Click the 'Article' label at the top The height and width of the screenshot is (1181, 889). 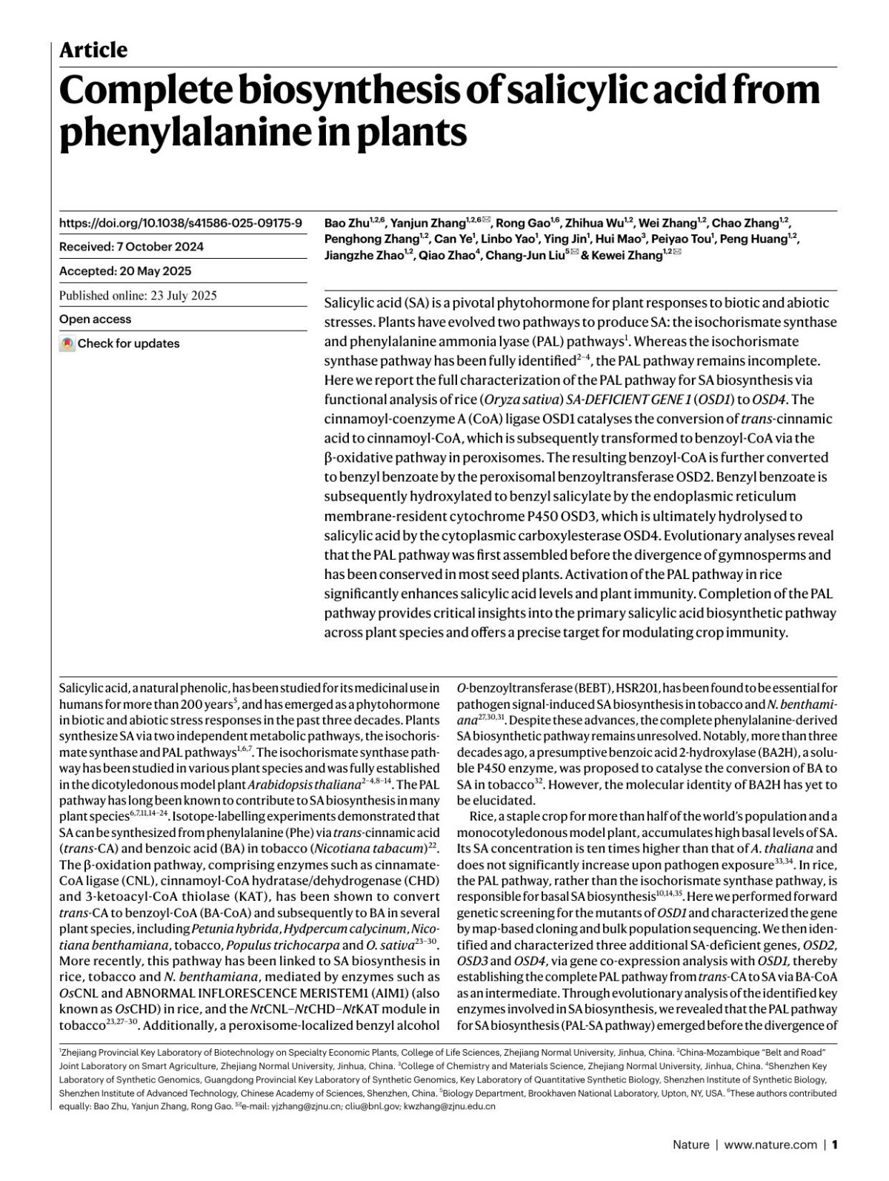coord(93,50)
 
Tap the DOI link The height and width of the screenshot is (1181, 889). coord(180,222)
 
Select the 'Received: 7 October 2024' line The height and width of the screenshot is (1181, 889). coord(131,247)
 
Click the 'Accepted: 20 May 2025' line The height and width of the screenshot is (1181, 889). coord(125,271)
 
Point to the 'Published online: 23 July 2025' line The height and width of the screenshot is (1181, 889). coord(138,296)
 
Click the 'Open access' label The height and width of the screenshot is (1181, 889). coord(95,320)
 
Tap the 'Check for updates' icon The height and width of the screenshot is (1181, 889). coord(67,344)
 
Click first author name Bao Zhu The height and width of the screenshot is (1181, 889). coord(346,223)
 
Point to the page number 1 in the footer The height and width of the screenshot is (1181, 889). coord(834,1145)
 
